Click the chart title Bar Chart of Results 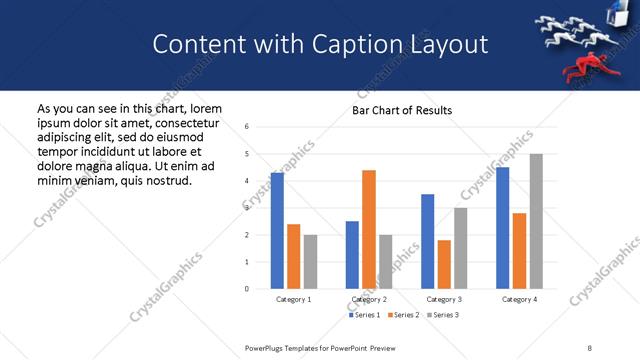(402, 110)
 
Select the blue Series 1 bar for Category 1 (277, 231)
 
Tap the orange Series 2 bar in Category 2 (369, 229)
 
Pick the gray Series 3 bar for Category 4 (536, 221)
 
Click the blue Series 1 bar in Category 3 (428, 241)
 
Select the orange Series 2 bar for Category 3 (444, 264)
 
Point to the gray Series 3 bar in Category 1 (310, 262)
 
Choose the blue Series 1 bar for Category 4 (503, 228)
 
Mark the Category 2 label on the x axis (369, 299)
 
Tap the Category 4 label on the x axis (519, 299)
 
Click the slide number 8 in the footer (589, 347)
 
